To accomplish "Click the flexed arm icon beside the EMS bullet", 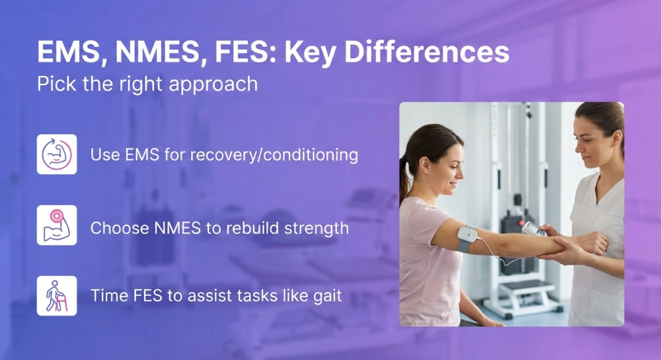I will [x=57, y=155].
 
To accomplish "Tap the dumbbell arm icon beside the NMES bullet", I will [x=57, y=225].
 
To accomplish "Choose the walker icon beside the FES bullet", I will [x=57, y=296].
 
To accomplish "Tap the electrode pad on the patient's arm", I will [x=467, y=237].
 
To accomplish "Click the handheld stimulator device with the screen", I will [x=533, y=229].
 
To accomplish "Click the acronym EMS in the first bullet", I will [x=137, y=155].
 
